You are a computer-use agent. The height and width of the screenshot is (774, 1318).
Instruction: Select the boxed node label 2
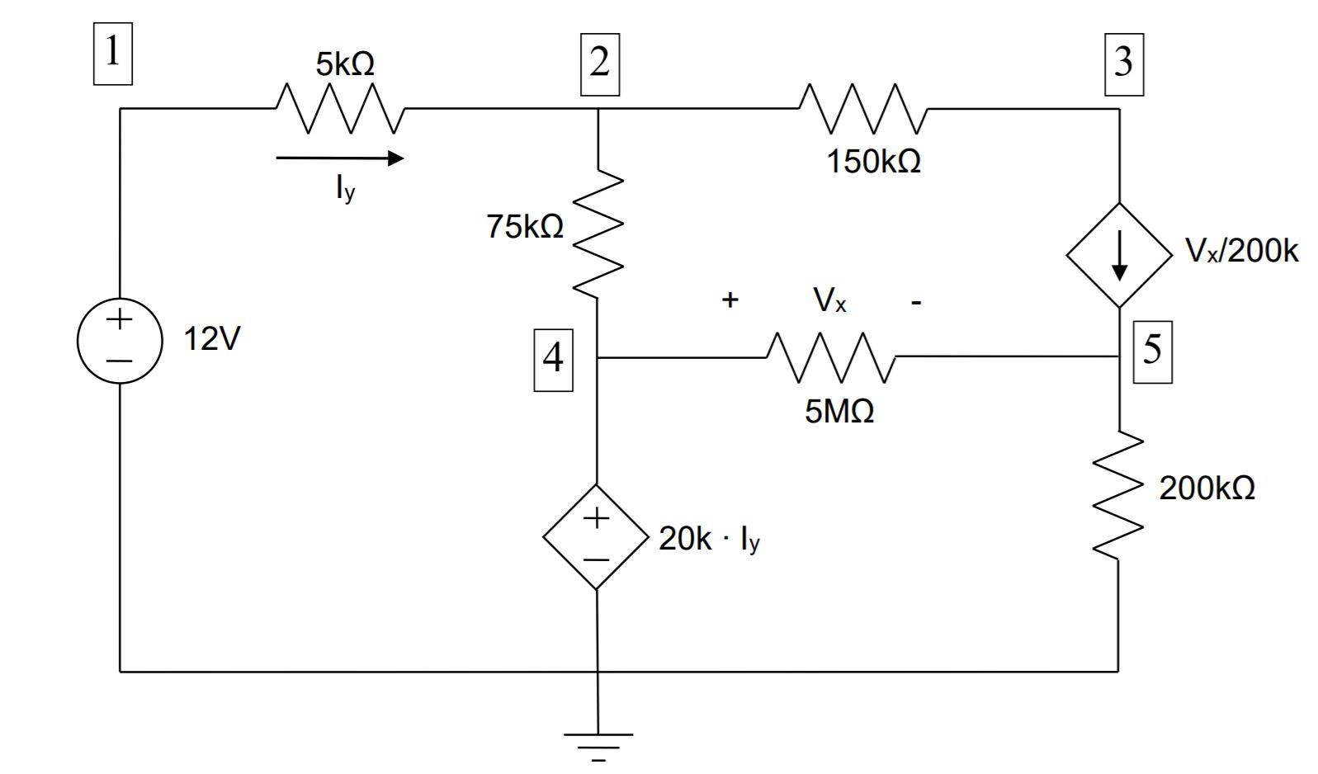tap(600, 64)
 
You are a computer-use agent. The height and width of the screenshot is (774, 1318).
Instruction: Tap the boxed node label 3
tap(1124, 64)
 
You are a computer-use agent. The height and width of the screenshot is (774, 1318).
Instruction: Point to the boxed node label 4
tap(553, 359)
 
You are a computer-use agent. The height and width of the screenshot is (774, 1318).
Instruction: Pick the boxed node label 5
tap(1152, 351)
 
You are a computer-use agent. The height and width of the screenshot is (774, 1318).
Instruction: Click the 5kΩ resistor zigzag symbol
tap(339, 108)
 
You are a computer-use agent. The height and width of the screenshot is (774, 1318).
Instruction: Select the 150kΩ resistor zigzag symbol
tap(862, 108)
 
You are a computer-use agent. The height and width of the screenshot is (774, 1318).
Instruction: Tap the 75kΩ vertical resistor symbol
tap(597, 233)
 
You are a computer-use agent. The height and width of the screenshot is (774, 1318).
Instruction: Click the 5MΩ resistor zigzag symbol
tap(830, 357)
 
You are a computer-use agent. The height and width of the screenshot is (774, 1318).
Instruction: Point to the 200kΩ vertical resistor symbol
tap(1118, 495)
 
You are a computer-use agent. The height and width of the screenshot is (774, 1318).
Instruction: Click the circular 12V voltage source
tap(120, 340)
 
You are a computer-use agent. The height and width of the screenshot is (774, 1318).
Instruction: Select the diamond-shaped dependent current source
tap(1119, 256)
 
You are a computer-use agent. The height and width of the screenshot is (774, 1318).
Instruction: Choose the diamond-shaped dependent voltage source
tap(596, 536)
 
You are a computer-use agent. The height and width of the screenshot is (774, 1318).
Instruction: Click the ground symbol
tap(598, 743)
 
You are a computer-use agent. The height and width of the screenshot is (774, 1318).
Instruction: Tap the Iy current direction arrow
tap(339, 158)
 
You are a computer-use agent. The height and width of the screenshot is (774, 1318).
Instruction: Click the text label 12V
tap(211, 339)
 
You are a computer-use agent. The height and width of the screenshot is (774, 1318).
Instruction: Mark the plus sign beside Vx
tap(730, 300)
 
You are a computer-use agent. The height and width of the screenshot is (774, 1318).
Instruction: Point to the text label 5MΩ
tap(839, 411)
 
